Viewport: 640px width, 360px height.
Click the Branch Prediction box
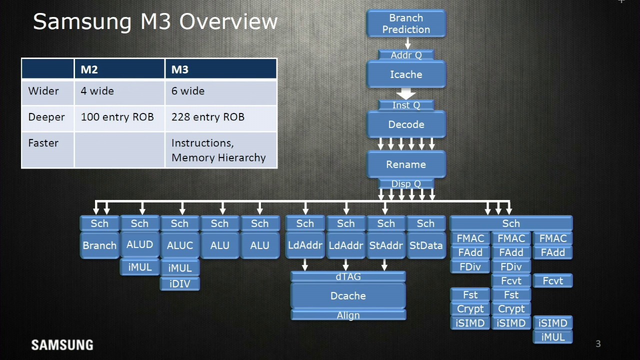pyautogui.click(x=406, y=24)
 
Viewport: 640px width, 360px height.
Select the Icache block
pyautogui.click(x=406, y=74)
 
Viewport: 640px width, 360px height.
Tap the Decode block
pyautogui.click(x=406, y=124)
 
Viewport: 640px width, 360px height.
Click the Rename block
pyautogui.click(x=406, y=164)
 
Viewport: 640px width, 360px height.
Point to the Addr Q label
pyautogui.click(x=406, y=55)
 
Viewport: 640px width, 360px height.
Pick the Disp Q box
pyautogui.click(x=406, y=184)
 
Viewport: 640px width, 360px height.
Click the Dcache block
pyautogui.click(x=348, y=296)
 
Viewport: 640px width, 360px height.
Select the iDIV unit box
pyautogui.click(x=180, y=284)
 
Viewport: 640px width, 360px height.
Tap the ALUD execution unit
pyautogui.click(x=139, y=245)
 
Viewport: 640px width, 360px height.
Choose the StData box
pyautogui.click(x=426, y=245)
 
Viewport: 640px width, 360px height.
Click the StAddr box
pyautogui.click(x=385, y=245)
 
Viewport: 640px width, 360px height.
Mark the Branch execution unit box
pyautogui.click(x=99, y=245)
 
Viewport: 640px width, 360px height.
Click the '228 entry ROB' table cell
pyautogui.click(x=208, y=117)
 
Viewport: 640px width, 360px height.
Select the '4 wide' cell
pyautogui.click(x=97, y=91)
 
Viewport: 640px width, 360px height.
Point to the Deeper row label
pyautogui.click(x=46, y=117)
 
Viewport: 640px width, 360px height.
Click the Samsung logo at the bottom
pyautogui.click(x=62, y=345)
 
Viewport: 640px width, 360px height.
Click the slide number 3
pyautogui.click(x=598, y=343)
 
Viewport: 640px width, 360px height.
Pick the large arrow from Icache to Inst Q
pyautogui.click(x=406, y=94)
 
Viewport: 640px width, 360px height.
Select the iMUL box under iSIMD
pyautogui.click(x=552, y=337)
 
